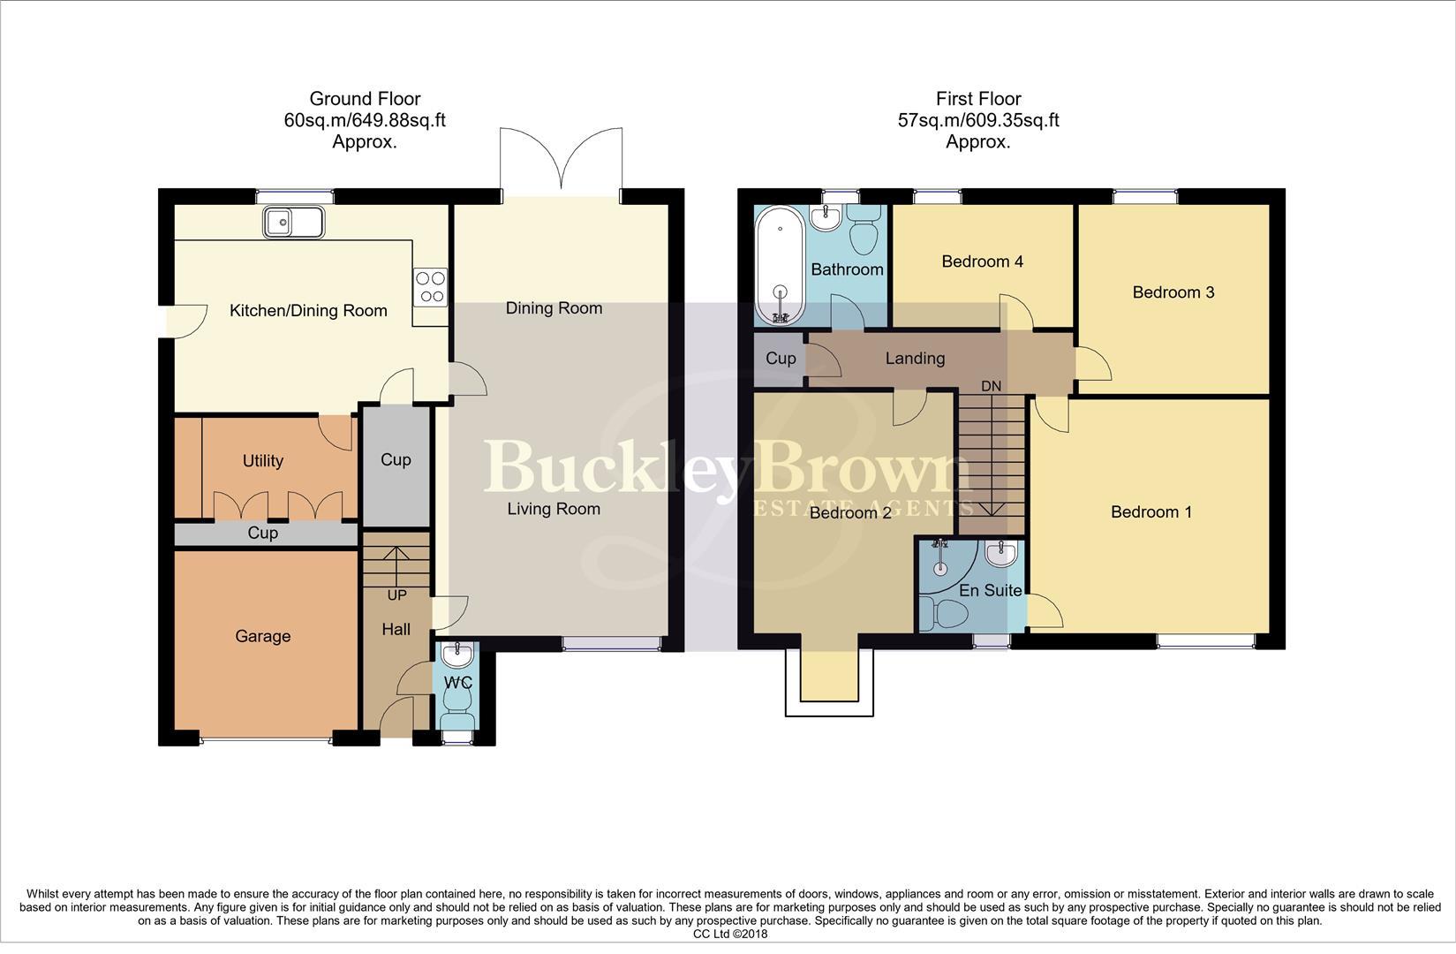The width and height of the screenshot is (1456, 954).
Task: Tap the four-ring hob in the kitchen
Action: [430, 287]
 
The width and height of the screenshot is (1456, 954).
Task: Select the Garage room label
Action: [262, 636]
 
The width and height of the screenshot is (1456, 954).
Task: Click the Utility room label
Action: [262, 460]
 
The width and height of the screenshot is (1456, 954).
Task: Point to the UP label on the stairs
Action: [396, 595]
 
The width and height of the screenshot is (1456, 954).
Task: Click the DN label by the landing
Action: [992, 386]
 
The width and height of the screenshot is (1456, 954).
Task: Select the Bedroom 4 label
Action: [982, 261]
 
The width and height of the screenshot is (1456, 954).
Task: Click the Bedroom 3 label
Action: [1173, 292]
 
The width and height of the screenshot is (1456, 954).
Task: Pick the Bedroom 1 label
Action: [1150, 511]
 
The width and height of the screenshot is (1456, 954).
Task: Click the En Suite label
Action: [990, 590]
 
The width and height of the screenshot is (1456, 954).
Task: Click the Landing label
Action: [915, 358]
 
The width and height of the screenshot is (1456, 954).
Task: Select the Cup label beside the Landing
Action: [780, 358]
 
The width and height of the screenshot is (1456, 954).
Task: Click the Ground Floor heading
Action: [365, 99]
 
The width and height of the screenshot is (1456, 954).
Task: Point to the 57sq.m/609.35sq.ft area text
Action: [977, 120]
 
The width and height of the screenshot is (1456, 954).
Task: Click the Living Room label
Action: [554, 509]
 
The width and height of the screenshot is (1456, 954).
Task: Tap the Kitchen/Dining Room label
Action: [308, 310]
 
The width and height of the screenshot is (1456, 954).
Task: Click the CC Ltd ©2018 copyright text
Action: [729, 934]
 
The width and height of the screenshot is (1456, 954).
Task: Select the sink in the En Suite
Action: [1001, 554]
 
